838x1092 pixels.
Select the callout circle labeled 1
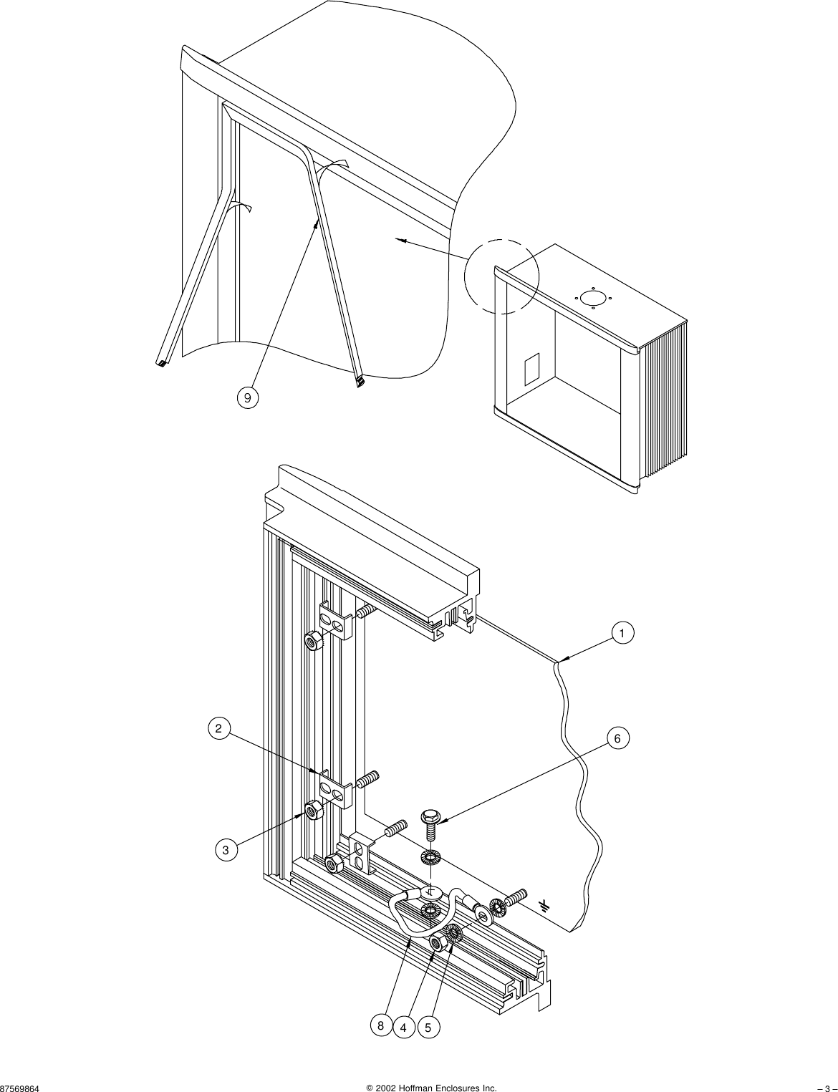(x=622, y=633)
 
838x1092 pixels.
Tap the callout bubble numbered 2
(x=219, y=729)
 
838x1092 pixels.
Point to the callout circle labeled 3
(x=226, y=850)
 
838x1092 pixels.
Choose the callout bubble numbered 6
(x=618, y=738)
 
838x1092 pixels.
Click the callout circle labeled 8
(x=381, y=1026)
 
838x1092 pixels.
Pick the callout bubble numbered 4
(x=404, y=1028)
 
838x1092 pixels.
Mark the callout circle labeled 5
(x=428, y=1028)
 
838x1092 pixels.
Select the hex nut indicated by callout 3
(x=312, y=811)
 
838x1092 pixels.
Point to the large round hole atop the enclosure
(x=592, y=297)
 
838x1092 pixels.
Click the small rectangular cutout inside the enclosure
(x=531, y=369)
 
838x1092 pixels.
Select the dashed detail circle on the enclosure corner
(x=501, y=276)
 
